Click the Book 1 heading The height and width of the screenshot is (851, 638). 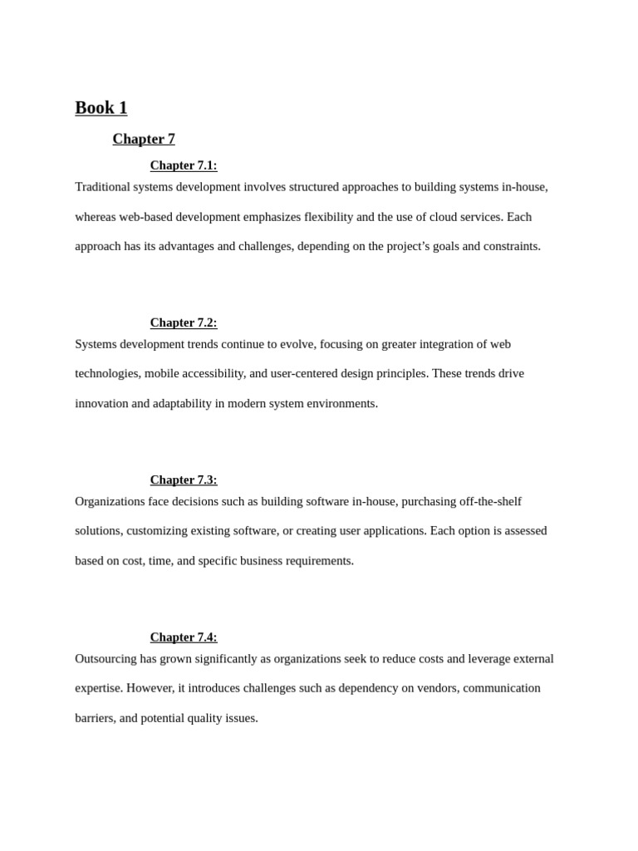101,108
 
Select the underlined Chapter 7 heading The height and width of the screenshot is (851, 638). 144,139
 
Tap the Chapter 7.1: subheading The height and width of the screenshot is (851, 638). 184,165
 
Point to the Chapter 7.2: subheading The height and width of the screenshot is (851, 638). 184,322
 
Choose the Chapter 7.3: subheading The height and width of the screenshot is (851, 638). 184,480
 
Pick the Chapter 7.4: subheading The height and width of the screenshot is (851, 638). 184,637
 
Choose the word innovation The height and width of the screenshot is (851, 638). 101,404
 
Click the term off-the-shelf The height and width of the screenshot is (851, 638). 486,502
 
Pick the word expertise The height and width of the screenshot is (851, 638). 98,688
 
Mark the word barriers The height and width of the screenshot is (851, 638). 95,718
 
